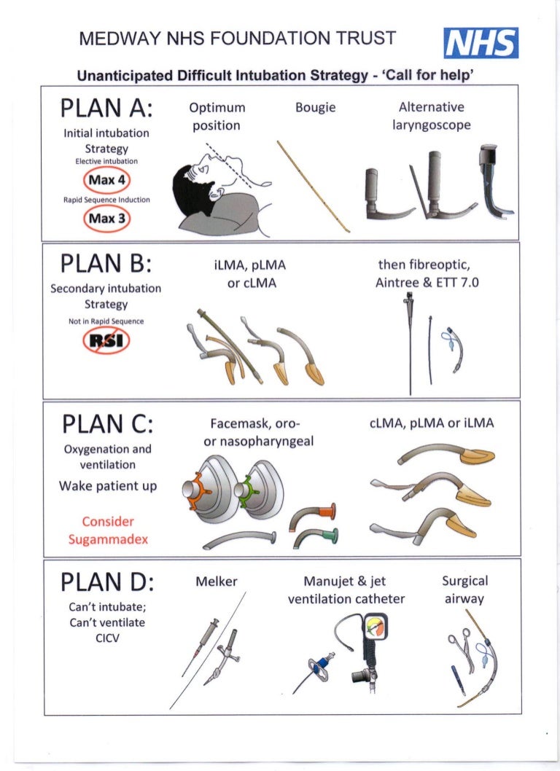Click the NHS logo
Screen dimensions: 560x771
point(481,43)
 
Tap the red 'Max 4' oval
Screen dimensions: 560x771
point(106,180)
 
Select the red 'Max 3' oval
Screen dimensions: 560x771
point(106,219)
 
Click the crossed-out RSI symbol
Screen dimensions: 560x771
point(106,340)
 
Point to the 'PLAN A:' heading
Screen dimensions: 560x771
point(106,108)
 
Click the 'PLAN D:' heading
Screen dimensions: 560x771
point(106,582)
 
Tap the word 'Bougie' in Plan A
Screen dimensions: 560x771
point(316,108)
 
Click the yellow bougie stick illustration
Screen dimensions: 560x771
point(313,187)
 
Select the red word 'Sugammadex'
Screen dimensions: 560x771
point(108,539)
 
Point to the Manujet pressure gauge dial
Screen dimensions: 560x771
point(376,627)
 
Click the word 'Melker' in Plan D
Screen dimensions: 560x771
point(216,582)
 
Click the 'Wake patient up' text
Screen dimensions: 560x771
point(108,486)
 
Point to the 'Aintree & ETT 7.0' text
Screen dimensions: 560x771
point(427,283)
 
